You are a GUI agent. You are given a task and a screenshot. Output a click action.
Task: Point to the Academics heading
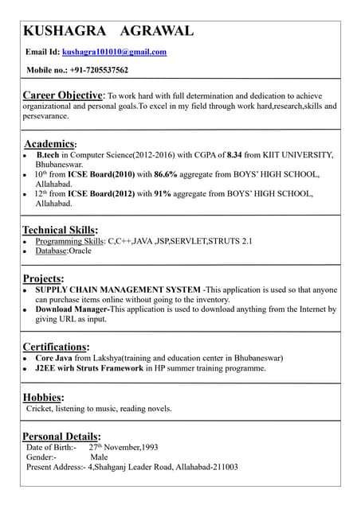click(x=50, y=144)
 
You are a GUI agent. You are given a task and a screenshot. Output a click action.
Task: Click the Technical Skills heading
click(x=60, y=230)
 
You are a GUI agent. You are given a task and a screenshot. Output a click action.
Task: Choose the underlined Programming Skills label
click(x=69, y=241)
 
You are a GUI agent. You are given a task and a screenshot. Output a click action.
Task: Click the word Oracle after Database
click(x=80, y=251)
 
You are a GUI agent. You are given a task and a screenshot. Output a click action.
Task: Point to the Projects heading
click(x=43, y=278)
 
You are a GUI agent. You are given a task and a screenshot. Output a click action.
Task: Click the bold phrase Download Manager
click(x=72, y=309)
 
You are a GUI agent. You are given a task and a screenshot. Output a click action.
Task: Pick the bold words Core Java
click(x=54, y=359)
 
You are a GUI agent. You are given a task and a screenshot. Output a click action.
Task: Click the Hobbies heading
click(x=43, y=397)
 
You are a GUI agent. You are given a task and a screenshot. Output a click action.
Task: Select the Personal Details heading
click(x=61, y=436)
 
